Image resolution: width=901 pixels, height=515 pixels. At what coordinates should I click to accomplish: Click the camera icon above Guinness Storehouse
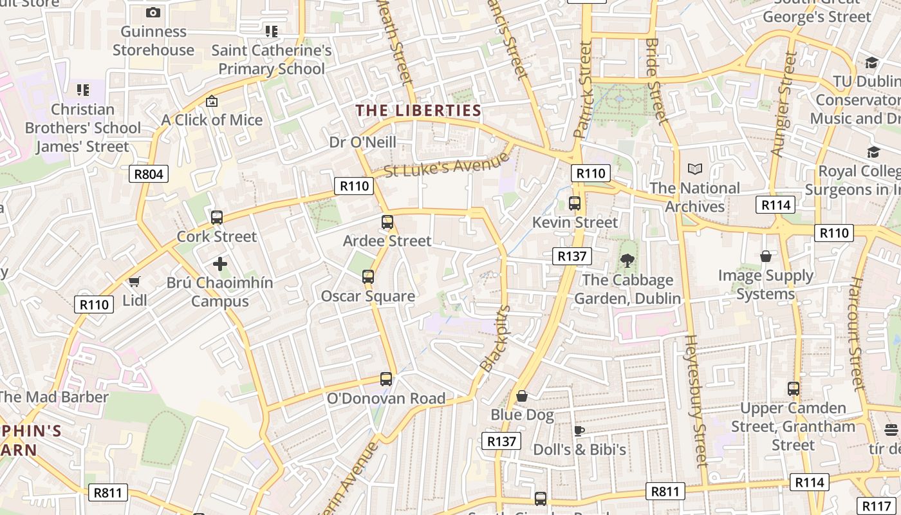[153, 12]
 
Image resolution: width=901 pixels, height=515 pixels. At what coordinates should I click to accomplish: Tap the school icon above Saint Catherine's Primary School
[272, 31]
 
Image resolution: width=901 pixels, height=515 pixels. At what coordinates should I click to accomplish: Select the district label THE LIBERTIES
[419, 111]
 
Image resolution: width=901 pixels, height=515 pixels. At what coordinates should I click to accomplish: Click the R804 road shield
[149, 173]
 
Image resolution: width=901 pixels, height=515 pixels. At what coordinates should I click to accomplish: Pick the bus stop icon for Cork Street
[217, 218]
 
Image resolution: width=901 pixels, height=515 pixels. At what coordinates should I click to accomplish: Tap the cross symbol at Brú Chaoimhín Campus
[220, 264]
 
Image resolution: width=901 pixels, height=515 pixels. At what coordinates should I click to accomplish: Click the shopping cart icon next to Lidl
[135, 281]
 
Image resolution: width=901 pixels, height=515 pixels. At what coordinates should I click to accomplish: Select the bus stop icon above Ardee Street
[387, 222]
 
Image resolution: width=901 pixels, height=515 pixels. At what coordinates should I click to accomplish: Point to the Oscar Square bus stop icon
[368, 277]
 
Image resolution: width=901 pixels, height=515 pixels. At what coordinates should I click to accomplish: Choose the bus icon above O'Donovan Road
[386, 379]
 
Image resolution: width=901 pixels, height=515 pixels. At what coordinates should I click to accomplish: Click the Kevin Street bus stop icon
[575, 203]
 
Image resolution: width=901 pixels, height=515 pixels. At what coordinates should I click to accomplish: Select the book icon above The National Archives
[695, 169]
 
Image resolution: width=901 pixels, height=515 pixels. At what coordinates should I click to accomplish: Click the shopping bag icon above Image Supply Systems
[766, 257]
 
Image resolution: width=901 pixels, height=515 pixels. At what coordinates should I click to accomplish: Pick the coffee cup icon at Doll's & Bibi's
[579, 431]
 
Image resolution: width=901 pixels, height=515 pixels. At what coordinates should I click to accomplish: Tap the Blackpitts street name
[495, 339]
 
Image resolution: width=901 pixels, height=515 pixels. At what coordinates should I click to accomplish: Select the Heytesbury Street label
[696, 400]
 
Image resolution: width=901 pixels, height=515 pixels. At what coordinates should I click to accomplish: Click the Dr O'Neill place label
[363, 142]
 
